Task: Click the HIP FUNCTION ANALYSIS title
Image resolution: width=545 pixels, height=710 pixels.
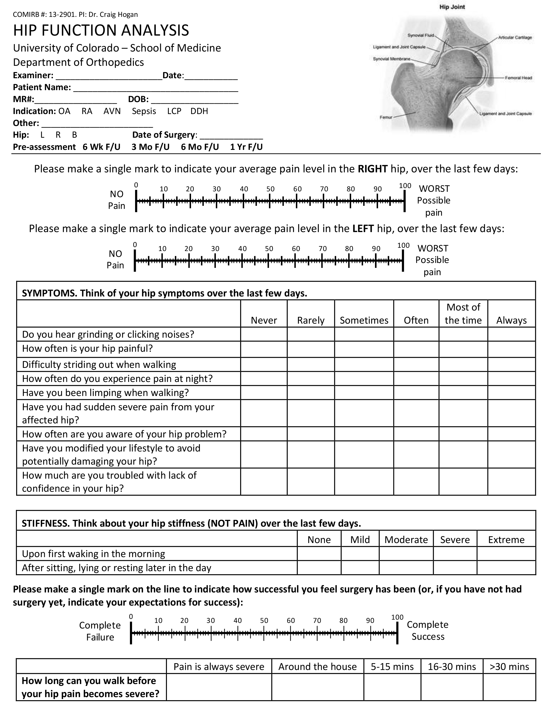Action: point(101,30)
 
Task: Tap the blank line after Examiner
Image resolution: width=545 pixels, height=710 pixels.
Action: point(109,77)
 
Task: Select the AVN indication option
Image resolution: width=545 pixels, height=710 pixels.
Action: point(112,111)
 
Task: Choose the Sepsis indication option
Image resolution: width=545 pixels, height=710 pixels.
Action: point(144,111)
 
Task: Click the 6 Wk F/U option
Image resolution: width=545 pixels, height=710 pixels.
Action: point(101,147)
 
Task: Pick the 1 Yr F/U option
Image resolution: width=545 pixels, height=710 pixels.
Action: point(246,147)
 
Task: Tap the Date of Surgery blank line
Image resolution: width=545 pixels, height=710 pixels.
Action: point(231,136)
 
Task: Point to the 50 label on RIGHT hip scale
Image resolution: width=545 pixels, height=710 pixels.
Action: point(270,189)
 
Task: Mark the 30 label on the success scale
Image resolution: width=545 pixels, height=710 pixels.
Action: point(210,621)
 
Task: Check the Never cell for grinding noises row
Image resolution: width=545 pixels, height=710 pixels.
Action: point(264,334)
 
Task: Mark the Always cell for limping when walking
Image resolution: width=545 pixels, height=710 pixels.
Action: point(511,393)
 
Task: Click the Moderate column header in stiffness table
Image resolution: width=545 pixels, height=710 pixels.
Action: point(406,540)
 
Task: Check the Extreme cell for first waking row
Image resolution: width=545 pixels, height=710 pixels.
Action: point(506,554)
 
